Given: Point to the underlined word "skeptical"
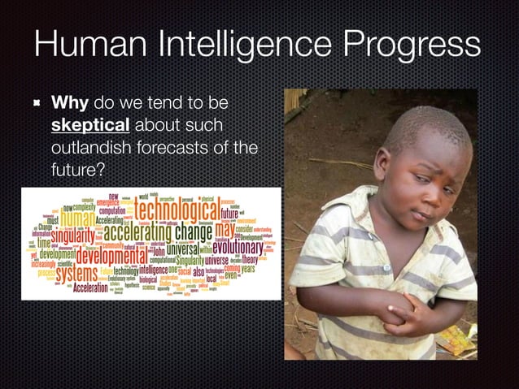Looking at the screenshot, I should click(89, 127).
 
